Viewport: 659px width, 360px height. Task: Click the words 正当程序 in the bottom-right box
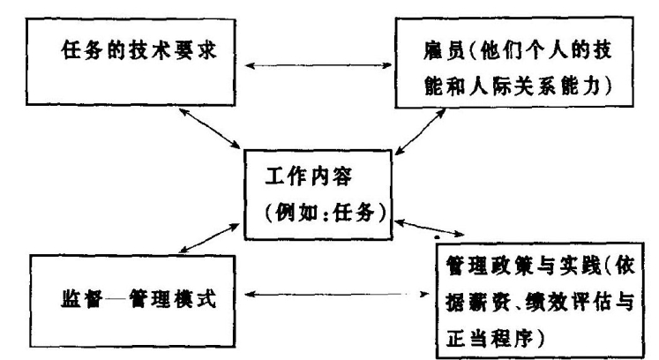click(495, 334)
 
